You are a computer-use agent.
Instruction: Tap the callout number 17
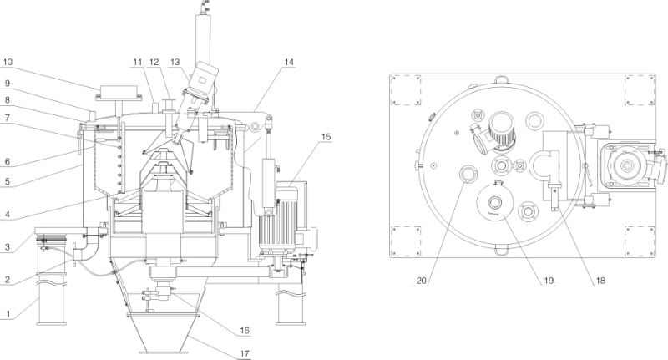coord(244,352)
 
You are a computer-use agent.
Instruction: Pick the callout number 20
coord(422,281)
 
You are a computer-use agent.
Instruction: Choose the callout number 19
coord(549,281)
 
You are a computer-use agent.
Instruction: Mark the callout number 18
coord(600,281)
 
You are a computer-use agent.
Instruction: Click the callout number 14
coord(289,61)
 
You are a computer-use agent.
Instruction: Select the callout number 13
coord(174,61)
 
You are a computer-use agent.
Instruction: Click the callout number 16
coord(244,331)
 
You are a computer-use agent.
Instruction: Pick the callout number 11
coord(136,61)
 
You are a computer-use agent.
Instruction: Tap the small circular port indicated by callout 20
coord(467,174)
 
